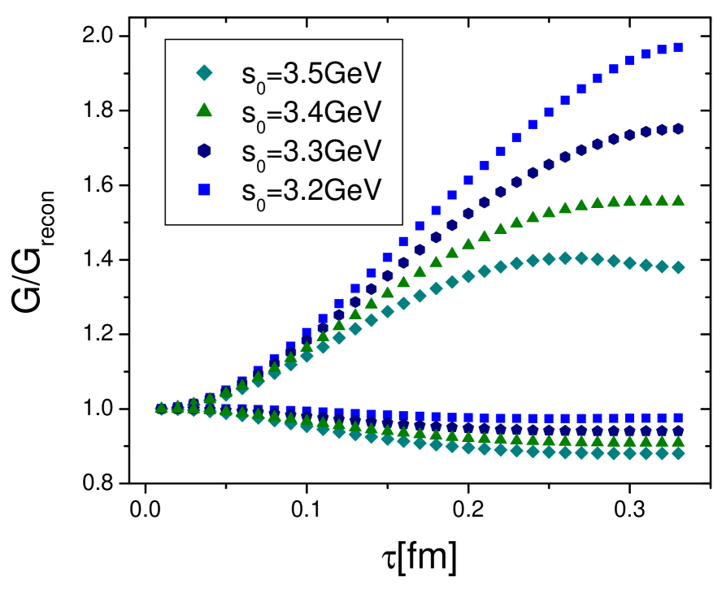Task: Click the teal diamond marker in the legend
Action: (x=204, y=73)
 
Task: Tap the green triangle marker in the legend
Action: (x=204, y=109)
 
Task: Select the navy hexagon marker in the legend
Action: (x=204, y=149)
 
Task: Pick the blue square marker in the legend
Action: (x=204, y=189)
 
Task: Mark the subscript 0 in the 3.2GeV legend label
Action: (x=261, y=201)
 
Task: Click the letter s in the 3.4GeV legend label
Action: (x=248, y=114)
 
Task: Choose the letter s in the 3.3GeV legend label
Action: (x=248, y=152)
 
